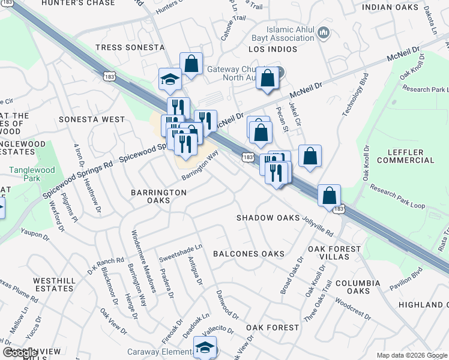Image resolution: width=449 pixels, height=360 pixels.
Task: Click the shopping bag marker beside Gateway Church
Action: [267, 77]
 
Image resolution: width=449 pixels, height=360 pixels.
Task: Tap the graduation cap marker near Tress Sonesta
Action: [170, 79]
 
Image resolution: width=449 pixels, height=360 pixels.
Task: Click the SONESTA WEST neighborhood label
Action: [96, 119]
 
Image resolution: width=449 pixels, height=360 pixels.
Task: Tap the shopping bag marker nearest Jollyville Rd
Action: [329, 195]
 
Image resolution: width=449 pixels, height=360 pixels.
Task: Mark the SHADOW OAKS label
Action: [268, 218]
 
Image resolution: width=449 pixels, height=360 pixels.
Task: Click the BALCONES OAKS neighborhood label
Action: [249, 254]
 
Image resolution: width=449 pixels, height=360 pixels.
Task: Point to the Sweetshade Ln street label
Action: [181, 253]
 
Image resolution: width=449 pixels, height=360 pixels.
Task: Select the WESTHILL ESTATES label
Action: [55, 284]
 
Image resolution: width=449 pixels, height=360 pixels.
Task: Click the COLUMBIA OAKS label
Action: [358, 287]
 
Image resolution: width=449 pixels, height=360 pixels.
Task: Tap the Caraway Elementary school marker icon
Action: [205, 347]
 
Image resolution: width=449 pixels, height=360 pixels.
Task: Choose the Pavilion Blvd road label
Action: [405, 278]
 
